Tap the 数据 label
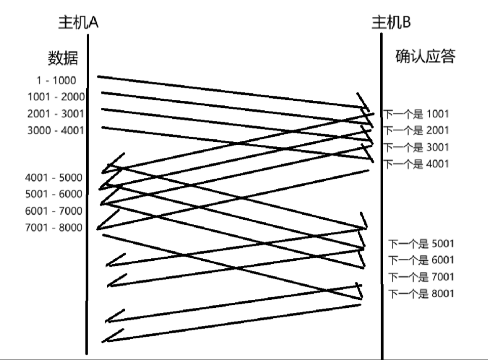(63, 58)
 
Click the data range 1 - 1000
(56, 81)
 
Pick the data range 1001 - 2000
(56, 97)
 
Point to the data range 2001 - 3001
(56, 114)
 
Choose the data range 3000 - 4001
(56, 131)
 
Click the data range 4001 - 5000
(53, 178)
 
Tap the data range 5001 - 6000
(53, 194)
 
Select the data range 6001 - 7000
(53, 211)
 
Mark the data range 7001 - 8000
(53, 227)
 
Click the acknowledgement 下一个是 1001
(416, 114)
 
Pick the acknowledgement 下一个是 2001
(416, 131)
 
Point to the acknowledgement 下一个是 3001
(416, 147)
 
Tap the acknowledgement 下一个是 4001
(416, 164)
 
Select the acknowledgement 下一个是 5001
(421, 244)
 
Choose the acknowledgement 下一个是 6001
(421, 260)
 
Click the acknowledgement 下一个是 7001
(421, 277)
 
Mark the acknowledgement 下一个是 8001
(421, 294)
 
